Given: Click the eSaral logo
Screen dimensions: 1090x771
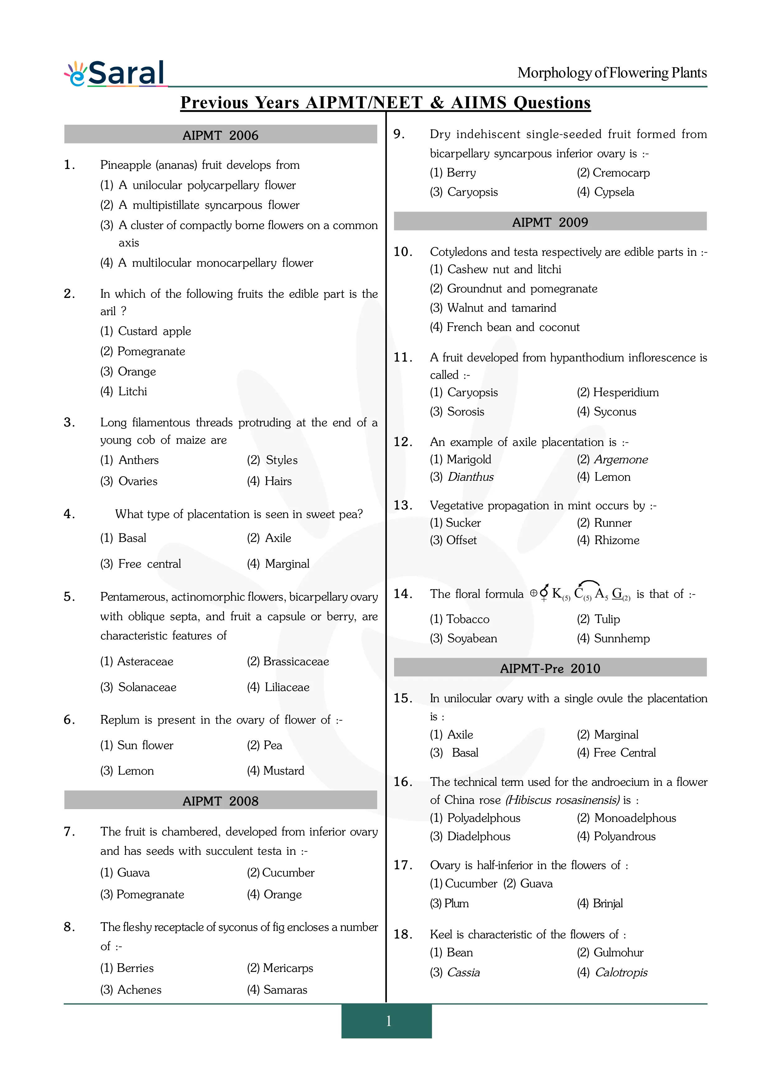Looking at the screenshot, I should point(115,74).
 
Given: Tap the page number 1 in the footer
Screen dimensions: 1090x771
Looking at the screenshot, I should point(388,1021).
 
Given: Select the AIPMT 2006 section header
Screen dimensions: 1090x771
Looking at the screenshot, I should point(221,135).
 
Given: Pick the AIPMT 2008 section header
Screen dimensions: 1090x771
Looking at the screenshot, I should point(221,801).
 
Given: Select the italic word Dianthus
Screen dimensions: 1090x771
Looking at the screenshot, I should point(470,477).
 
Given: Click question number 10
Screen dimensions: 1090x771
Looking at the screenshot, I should point(402,252).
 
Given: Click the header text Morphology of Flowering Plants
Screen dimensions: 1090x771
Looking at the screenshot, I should point(612,73).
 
